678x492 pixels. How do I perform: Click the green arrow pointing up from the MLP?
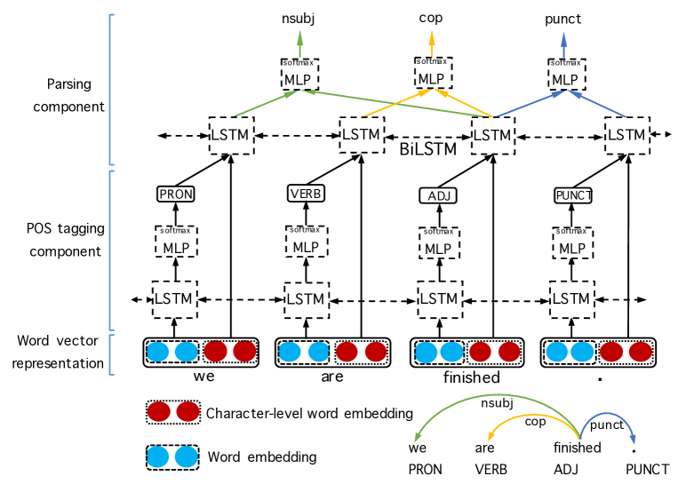point(299,43)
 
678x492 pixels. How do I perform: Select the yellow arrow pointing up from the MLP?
point(432,42)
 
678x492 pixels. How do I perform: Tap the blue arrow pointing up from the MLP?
point(563,43)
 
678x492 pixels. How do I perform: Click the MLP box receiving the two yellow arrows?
point(432,75)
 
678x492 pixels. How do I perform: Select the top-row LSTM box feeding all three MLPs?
point(492,136)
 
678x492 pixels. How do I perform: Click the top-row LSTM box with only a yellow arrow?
point(361,135)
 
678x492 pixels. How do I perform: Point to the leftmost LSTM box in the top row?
point(231,136)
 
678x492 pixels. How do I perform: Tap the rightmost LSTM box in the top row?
point(626,136)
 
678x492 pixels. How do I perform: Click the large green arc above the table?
point(498,395)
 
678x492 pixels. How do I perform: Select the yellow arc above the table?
point(533,416)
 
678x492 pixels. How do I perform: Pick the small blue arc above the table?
point(609,415)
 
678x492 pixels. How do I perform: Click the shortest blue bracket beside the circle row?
point(111,354)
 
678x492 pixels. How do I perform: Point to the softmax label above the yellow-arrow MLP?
point(432,62)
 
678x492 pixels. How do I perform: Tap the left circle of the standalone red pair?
point(158,412)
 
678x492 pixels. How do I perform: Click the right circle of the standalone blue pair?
point(186,457)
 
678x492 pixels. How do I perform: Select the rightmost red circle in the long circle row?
point(640,352)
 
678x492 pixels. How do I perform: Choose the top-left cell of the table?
point(442,447)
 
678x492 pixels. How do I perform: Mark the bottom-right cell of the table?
point(640,470)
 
